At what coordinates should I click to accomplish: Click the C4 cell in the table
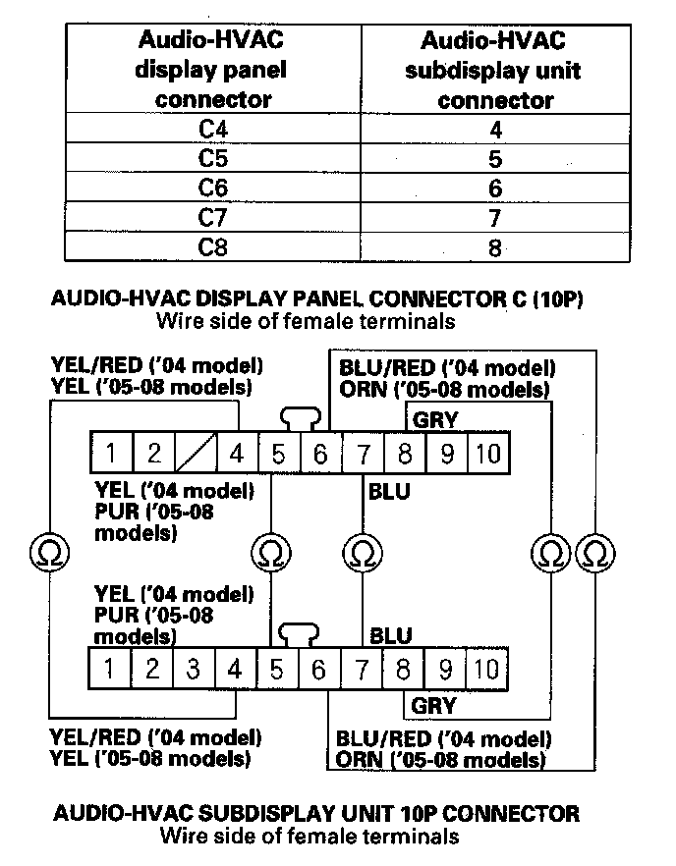coord(213,128)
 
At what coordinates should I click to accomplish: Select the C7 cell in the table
coord(213,216)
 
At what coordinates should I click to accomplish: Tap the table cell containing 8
coord(495,246)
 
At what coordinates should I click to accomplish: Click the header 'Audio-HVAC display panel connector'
coord(213,69)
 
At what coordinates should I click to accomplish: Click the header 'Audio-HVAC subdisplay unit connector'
coord(493,69)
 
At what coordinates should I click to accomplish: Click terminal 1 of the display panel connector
coord(113,454)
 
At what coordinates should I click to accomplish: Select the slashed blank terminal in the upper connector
coord(196,454)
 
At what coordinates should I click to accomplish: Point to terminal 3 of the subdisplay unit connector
coord(194,670)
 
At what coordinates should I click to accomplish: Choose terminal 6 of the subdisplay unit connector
coord(318,670)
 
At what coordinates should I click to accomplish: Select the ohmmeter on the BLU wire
coord(363,552)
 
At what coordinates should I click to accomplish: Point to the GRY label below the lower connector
coord(433,705)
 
